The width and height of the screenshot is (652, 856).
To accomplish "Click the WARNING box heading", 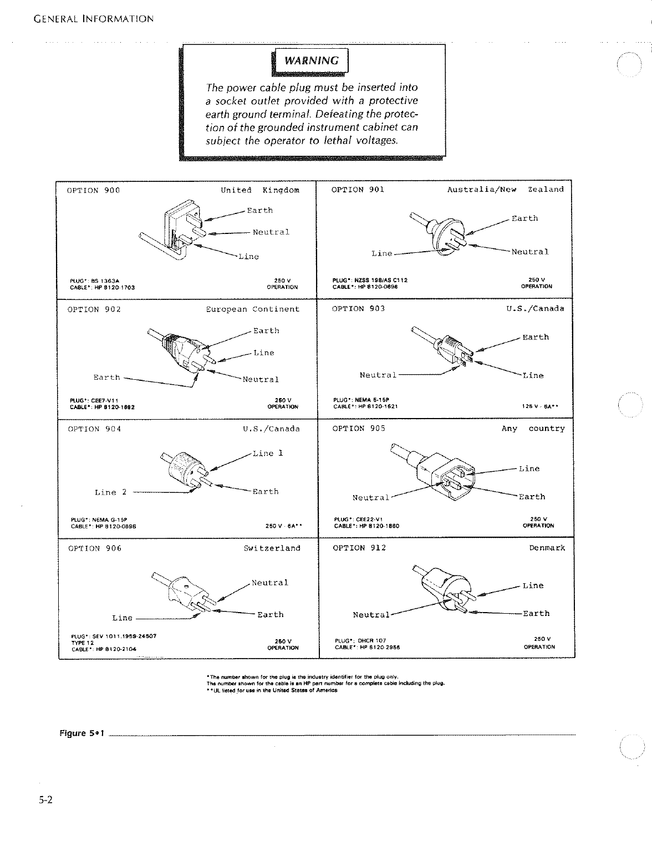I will pos(311,61).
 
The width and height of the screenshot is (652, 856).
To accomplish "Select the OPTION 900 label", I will pos(93,190).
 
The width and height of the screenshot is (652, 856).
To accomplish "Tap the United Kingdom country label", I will pos(259,190).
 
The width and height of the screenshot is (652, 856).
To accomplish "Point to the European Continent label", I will pos(252,309).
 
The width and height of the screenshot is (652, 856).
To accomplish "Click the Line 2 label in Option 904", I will pos(110,492).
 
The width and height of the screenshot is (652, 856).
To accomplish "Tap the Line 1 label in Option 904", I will pos(268,454).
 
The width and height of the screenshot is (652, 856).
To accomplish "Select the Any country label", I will pos(533,429).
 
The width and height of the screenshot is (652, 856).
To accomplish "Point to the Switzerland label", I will pos(272,548).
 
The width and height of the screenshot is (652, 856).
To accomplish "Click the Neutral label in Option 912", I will pos(371,615).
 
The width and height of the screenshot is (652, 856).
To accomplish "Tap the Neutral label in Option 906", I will pos(269,583).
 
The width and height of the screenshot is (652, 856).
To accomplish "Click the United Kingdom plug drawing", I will pos(175,233).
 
